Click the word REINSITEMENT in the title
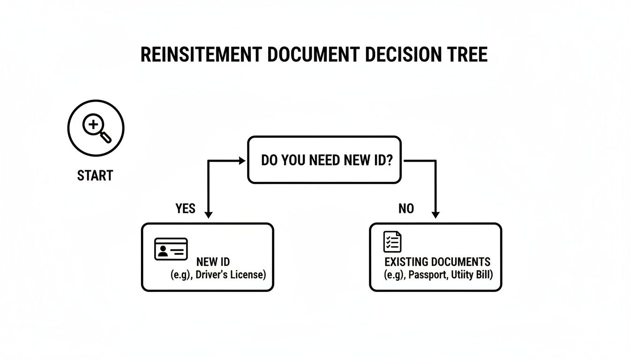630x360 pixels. [201, 55]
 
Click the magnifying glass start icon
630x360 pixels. [96, 127]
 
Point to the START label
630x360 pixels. [95, 176]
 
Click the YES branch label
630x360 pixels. [185, 208]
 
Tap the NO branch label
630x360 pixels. [406, 208]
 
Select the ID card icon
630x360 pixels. [171, 249]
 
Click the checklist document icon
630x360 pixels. [392, 242]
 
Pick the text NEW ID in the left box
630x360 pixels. [213, 262]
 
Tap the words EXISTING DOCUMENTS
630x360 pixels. [437, 262]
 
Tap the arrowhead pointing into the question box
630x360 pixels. [242, 161]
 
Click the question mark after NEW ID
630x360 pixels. [389, 160]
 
